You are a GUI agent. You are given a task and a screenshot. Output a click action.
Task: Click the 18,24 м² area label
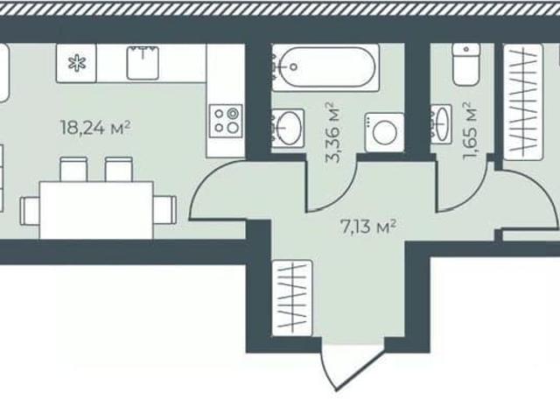tap(95, 128)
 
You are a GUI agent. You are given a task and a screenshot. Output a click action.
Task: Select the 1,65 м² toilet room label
tap(470, 131)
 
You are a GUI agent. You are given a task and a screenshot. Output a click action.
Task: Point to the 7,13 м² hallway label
tap(368, 227)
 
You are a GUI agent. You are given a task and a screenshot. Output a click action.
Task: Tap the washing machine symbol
tap(384, 132)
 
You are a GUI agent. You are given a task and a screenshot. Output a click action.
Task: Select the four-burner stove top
tap(226, 121)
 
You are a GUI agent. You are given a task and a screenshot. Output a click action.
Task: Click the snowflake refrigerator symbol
tap(77, 64)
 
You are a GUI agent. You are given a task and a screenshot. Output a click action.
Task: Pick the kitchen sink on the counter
tap(143, 62)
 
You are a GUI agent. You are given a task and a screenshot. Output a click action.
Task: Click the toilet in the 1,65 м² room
tap(466, 64)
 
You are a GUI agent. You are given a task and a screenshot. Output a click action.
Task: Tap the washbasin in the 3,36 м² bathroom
tap(288, 129)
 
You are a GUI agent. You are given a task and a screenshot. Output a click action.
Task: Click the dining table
tap(96, 210)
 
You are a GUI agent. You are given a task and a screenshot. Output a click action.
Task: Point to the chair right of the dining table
tap(165, 210)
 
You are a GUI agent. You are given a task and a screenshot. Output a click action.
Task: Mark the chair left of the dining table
tap(30, 211)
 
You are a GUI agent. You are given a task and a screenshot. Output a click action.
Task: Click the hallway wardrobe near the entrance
tap(292, 297)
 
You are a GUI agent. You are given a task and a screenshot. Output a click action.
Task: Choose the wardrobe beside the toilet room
tap(523, 101)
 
